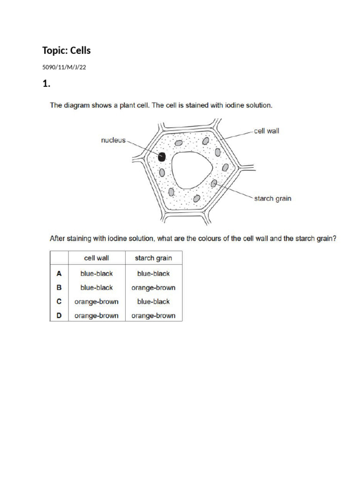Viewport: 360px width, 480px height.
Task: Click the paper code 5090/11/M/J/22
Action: (x=64, y=67)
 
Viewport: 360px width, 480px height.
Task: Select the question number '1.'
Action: (x=46, y=84)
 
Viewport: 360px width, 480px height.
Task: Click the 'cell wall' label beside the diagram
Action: (x=266, y=131)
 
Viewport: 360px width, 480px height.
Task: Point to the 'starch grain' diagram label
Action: (x=272, y=198)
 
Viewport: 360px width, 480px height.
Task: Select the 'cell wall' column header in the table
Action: (x=96, y=258)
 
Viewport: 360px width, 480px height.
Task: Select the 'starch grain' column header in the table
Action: (x=153, y=258)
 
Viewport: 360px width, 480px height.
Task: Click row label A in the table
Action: (x=59, y=273)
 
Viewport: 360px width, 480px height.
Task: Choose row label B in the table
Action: (x=59, y=287)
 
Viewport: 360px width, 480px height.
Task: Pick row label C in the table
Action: (x=59, y=301)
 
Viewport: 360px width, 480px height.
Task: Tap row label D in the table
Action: (x=59, y=315)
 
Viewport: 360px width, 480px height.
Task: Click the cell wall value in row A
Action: (x=96, y=273)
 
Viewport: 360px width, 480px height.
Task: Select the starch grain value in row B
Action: (x=153, y=287)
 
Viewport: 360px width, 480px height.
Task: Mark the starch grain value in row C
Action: (x=153, y=301)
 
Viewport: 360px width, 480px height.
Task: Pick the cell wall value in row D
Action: (x=96, y=315)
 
